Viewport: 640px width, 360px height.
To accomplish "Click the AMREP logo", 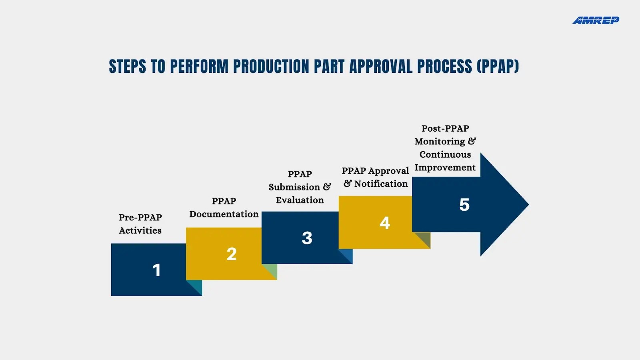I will pyautogui.click(x=595, y=20).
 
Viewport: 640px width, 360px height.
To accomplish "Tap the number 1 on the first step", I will pyautogui.click(x=156, y=270).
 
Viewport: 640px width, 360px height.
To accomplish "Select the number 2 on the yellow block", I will pyautogui.click(x=231, y=254).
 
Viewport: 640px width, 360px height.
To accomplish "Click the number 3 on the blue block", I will pyautogui.click(x=307, y=238).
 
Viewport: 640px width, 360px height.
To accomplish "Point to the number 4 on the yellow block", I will pyautogui.click(x=384, y=223).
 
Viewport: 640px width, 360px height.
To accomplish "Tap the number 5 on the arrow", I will pyautogui.click(x=464, y=205).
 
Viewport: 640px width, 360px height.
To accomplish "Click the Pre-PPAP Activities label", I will pyautogui.click(x=140, y=224).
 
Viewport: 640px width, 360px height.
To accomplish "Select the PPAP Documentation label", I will pyautogui.click(x=224, y=208).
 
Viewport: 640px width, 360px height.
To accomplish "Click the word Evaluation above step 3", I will pyautogui.click(x=300, y=200).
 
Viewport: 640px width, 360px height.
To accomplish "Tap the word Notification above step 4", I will pyautogui.click(x=381, y=184).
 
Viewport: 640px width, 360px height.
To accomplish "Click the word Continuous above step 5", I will pyautogui.click(x=445, y=154).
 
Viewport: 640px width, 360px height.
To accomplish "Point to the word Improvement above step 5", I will pyautogui.click(x=445, y=168).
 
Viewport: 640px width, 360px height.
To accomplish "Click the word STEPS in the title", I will pyautogui.click(x=127, y=66).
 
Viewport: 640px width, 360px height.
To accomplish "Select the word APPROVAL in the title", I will pyautogui.click(x=380, y=66).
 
